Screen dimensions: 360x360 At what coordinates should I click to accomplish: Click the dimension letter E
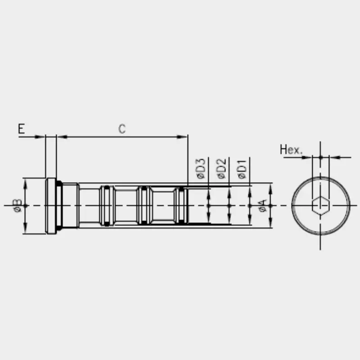click(21, 129)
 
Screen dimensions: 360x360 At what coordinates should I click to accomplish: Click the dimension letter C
click(122, 129)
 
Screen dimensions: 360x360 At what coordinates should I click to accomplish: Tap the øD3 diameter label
click(200, 168)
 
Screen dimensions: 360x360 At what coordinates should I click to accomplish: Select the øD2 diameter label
click(221, 168)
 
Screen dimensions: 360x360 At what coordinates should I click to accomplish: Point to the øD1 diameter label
click(242, 169)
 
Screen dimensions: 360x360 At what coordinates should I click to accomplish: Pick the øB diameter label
click(18, 206)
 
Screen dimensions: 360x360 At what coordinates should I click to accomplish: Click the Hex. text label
click(291, 149)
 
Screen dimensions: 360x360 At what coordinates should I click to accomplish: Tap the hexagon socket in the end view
click(321, 206)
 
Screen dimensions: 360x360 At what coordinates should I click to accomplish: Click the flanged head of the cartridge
click(51, 206)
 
